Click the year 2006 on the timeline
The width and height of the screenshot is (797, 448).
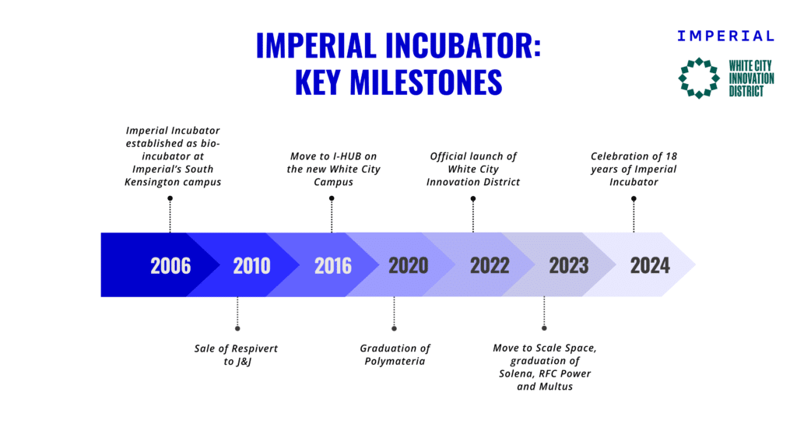pos(170,266)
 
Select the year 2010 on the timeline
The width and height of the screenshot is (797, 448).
pos(251,266)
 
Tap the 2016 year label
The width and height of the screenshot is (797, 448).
pos(333,266)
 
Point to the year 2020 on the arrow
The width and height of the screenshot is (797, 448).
pos(408,265)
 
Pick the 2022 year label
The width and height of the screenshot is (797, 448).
pos(490,265)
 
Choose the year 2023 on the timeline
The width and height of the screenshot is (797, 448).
pos(569,265)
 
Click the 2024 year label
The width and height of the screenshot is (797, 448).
pos(650,265)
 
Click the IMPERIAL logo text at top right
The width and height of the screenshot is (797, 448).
pos(725,36)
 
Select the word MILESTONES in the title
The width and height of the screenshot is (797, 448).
pos(426,82)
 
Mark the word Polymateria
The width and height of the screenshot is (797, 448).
pos(395,361)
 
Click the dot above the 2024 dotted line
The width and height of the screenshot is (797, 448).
pos(634,199)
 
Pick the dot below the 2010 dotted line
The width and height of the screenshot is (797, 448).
pos(237,328)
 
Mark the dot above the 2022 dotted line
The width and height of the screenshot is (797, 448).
pos(472,199)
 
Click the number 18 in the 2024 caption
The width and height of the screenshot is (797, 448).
pos(672,156)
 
